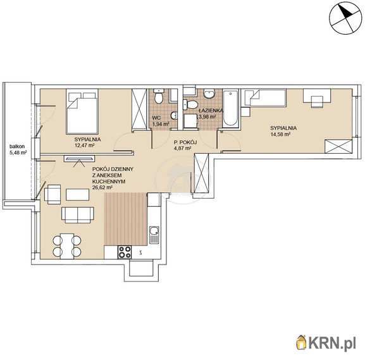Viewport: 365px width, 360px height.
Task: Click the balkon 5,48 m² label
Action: pos(18,149)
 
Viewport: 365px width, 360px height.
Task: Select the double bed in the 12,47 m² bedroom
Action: pos(82,111)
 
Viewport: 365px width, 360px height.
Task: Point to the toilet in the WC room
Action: pos(159,97)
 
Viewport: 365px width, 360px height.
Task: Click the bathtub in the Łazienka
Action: pos(230,108)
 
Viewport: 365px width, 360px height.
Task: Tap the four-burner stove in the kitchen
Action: pos(125,252)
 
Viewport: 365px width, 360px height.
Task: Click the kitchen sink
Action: pos(154,235)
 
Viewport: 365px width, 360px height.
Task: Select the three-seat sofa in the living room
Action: pos(78,215)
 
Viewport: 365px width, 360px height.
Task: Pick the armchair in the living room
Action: pos(53,194)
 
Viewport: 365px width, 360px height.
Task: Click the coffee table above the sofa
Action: pos(78,194)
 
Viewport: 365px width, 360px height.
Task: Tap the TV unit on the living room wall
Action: pos(79,159)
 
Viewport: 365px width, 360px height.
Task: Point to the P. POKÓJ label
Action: pos(185,142)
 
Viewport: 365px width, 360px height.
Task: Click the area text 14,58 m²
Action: pos(280,134)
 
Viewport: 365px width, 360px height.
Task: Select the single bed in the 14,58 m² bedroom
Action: pos(264,98)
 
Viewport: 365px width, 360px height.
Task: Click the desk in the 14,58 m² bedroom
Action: pos(317,96)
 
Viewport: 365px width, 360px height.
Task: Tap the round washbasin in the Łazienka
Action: pos(209,94)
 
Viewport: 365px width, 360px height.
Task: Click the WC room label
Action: pos(156,118)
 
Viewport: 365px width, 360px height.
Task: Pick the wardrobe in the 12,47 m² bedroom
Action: pos(139,109)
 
